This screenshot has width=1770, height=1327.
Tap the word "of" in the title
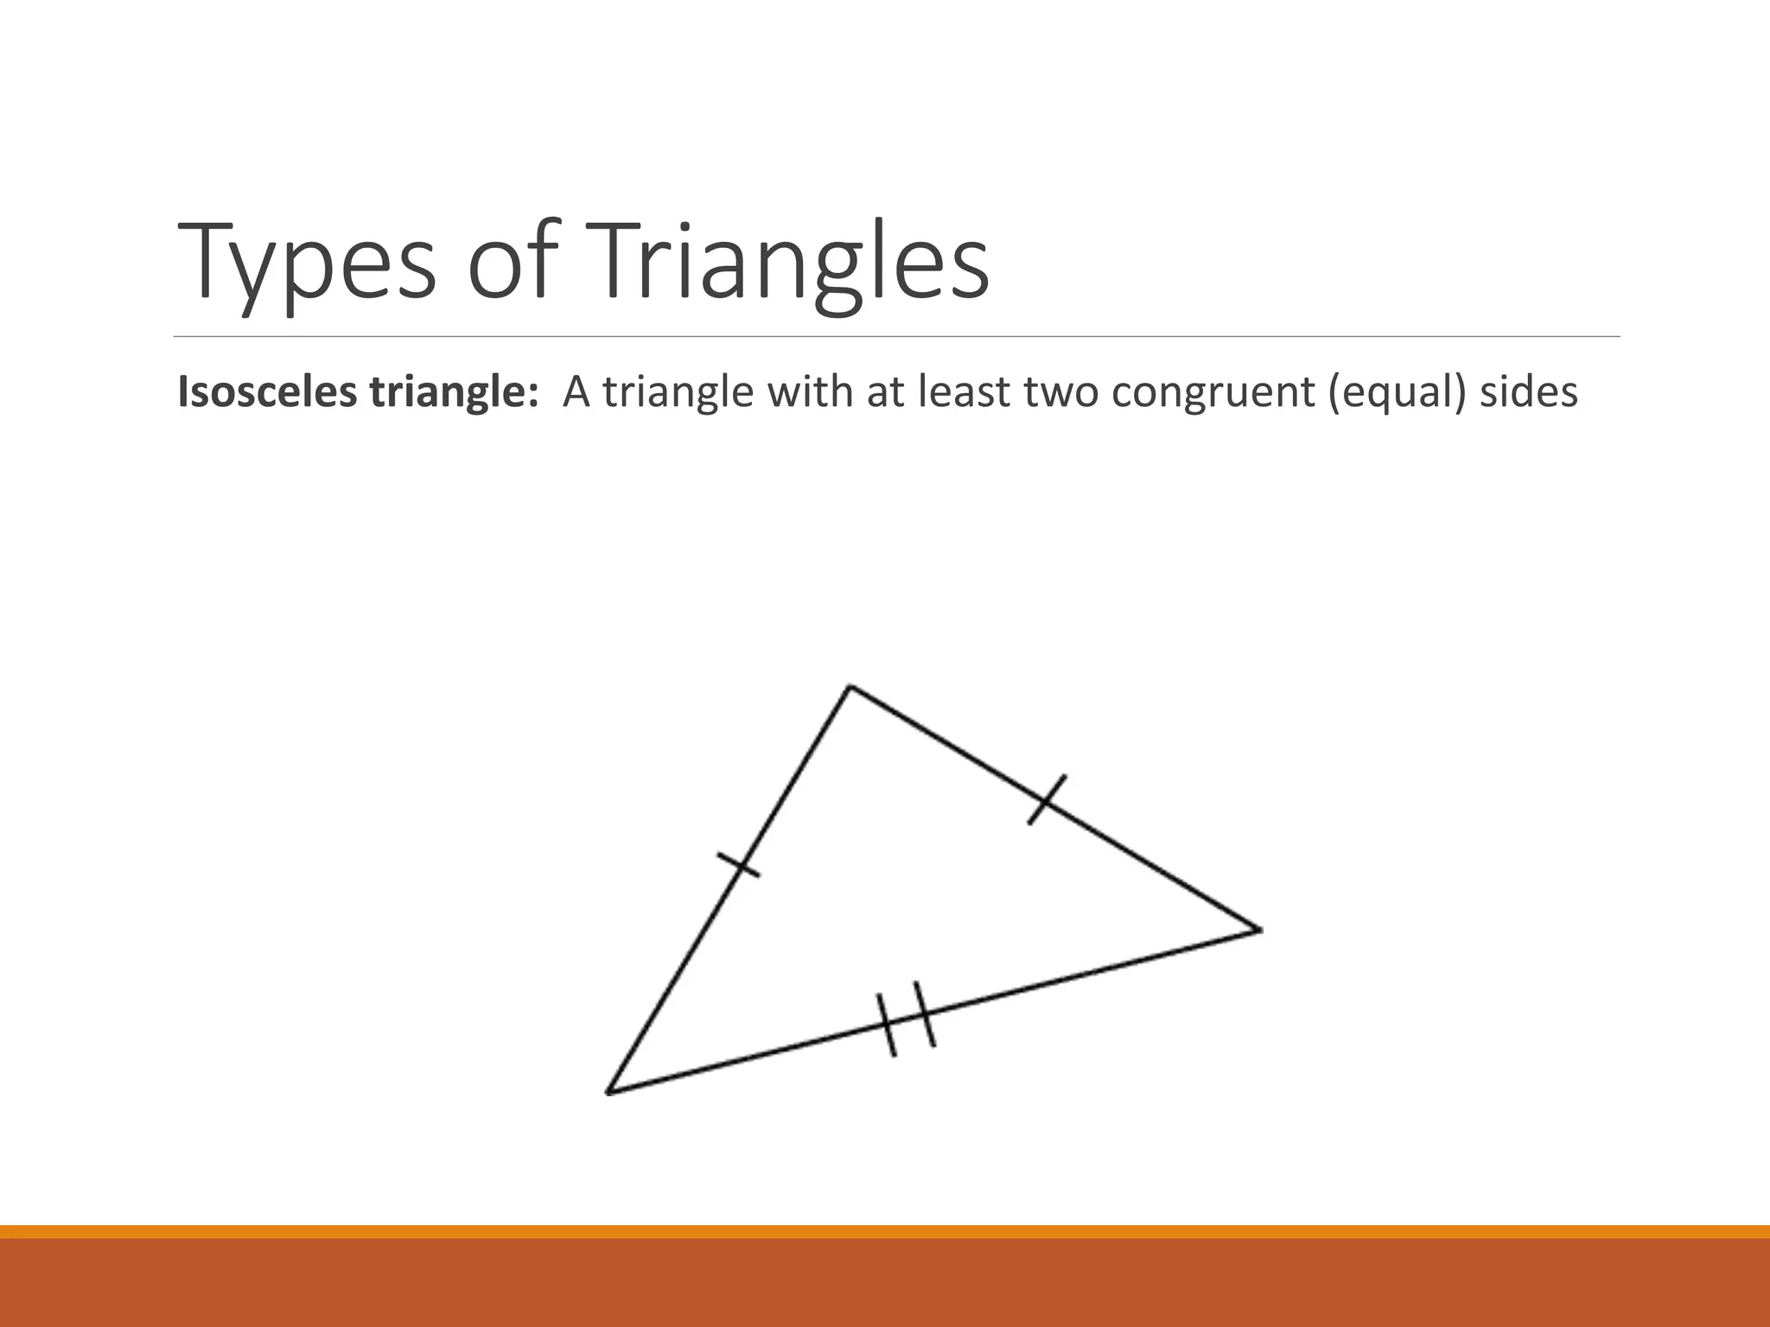[x=511, y=262]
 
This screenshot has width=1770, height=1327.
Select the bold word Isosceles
[x=268, y=393]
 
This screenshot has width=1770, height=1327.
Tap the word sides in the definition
[x=1529, y=393]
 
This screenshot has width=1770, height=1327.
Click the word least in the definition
[x=964, y=393]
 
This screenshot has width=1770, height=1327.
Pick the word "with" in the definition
[x=809, y=393]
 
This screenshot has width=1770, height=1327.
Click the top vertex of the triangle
[x=850, y=687]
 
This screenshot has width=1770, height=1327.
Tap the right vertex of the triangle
[x=1259, y=930]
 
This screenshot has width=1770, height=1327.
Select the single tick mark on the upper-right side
[x=1047, y=800]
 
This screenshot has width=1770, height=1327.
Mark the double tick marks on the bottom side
[x=907, y=1019]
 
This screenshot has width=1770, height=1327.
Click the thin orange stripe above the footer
[x=885, y=1231]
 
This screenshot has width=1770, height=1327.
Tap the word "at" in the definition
[x=886, y=393]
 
